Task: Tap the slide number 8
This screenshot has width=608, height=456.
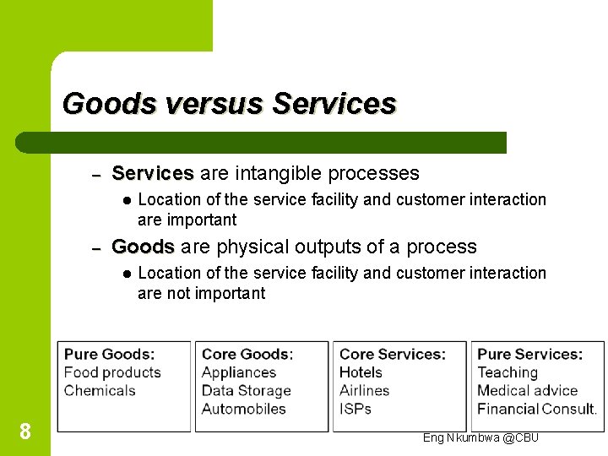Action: [x=25, y=432]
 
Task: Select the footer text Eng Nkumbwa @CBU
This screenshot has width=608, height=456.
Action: [x=480, y=437]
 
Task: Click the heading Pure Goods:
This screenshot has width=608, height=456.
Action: [x=110, y=355]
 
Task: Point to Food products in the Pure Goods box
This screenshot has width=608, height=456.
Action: [x=112, y=372]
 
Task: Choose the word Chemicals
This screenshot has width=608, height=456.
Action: [x=100, y=390]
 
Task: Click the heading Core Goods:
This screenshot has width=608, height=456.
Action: [x=247, y=355]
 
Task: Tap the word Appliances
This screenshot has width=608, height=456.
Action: [x=239, y=372]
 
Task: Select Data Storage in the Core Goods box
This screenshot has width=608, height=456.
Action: [x=246, y=390]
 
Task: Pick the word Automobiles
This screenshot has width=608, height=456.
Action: [x=244, y=409]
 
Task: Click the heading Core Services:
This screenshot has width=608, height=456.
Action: [x=393, y=355]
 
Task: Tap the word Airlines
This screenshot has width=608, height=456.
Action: [x=365, y=390]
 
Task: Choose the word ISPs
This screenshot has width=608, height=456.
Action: [x=356, y=409]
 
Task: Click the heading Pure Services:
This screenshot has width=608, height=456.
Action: [x=530, y=355]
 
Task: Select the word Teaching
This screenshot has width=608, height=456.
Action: [x=508, y=372]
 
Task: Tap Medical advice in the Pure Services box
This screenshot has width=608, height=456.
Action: [x=528, y=390]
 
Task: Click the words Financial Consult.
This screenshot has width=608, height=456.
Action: [x=537, y=409]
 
